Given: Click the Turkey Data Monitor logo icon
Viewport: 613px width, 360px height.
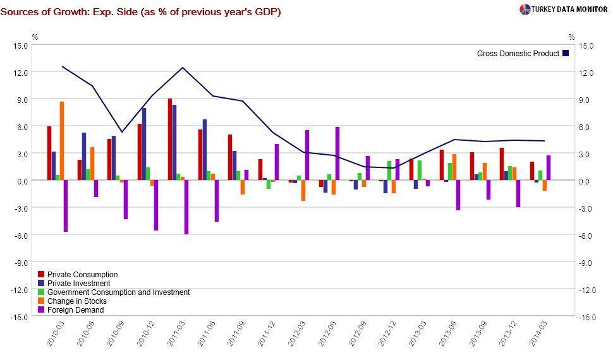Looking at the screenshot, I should (525, 9).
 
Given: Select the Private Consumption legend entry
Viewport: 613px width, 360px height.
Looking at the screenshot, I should (82, 275).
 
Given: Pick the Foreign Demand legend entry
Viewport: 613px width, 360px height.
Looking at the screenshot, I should (75, 310).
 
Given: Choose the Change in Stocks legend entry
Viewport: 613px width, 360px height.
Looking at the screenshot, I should (76, 301).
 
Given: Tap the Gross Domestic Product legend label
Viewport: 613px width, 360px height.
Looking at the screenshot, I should (518, 54).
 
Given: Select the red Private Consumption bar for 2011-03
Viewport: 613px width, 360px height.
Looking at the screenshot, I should (170, 140).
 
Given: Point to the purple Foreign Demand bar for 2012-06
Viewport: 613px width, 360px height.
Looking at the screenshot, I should (337, 153).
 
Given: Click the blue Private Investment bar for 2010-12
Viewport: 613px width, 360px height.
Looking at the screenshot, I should (144, 144).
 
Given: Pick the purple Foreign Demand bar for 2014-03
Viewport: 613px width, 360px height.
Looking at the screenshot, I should (549, 168).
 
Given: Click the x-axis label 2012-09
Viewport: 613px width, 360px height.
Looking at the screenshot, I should (355, 332).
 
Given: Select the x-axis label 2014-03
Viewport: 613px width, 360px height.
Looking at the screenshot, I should (537, 332).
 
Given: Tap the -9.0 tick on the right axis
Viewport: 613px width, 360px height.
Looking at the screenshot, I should (584, 263).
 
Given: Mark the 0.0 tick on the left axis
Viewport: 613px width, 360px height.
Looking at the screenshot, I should (22, 181).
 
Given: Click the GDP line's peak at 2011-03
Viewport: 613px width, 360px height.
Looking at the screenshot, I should (183, 68).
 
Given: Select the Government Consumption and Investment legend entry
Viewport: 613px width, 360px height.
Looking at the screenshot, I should (118, 292).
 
